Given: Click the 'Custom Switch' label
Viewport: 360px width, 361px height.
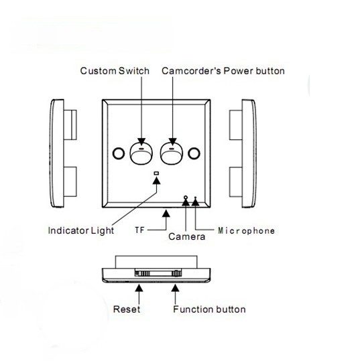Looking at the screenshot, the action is tap(115, 71).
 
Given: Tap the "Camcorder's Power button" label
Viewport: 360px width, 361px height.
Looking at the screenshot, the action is tap(223, 71).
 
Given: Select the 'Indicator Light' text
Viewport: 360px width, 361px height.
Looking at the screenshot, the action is tap(81, 230).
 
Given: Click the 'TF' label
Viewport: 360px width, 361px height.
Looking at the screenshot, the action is tap(139, 230).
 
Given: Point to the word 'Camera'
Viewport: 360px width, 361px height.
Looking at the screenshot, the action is tap(186, 236).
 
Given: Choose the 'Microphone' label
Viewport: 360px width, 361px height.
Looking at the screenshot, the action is tap(247, 230).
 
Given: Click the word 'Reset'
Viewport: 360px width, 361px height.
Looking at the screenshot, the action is tap(127, 309).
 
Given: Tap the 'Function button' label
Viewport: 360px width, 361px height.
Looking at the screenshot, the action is tap(209, 309).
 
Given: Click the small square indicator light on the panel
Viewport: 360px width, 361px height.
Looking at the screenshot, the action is tap(156, 173).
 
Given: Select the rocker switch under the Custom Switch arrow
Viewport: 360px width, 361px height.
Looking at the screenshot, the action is tap(141, 153).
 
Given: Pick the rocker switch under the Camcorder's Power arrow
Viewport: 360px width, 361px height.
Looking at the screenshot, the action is tap(172, 153).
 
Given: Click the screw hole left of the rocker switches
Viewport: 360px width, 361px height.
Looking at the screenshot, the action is tap(119, 153).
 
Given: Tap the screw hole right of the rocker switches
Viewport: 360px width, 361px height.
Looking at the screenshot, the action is tap(194, 153).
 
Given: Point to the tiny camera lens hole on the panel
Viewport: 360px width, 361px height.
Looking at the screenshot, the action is tap(186, 197).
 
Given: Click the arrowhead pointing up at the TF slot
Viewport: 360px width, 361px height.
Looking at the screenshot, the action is tap(166, 213).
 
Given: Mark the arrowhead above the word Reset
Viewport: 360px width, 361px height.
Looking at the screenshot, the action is tap(139, 288).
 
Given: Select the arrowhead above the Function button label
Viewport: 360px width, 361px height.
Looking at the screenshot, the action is tap(175, 288).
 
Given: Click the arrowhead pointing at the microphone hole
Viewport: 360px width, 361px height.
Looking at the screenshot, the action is tap(196, 202).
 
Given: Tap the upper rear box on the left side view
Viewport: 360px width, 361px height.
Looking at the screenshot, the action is tap(70, 125).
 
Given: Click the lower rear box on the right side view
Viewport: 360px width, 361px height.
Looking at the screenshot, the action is tap(236, 182).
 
